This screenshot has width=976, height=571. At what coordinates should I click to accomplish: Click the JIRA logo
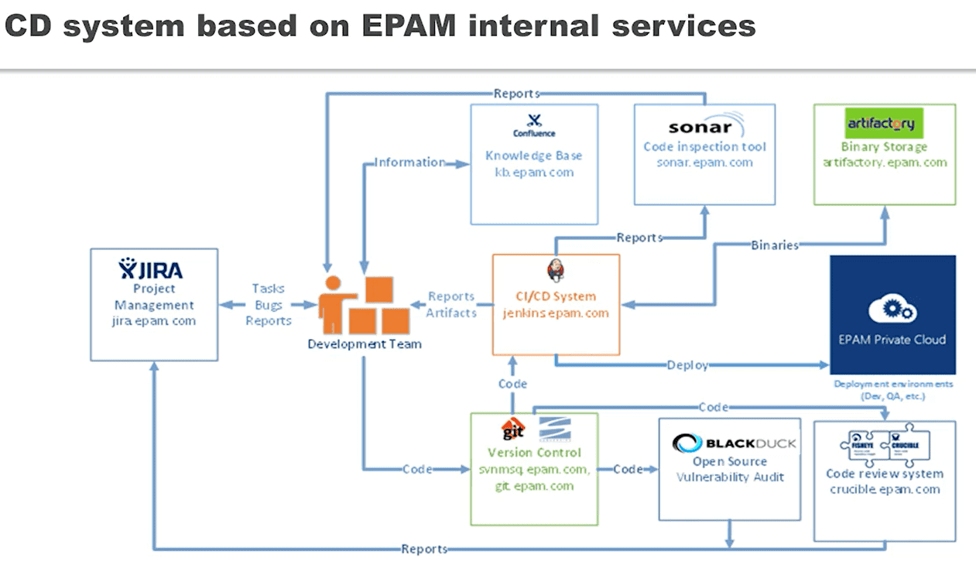(151, 269)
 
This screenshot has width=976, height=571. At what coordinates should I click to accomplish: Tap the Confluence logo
(534, 125)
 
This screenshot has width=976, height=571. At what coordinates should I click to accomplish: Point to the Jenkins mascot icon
(556, 271)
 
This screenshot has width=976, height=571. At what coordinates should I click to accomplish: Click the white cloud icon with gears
(892, 308)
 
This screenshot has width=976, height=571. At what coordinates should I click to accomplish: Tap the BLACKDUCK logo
(733, 443)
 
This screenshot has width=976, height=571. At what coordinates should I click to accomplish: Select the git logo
(514, 429)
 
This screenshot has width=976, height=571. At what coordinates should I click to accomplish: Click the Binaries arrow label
(775, 245)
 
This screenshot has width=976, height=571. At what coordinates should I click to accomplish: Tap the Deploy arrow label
(687, 365)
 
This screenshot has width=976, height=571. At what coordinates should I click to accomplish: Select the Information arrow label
(409, 162)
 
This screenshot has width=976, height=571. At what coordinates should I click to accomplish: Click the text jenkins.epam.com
(556, 313)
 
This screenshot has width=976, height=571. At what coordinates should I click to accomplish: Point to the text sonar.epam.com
(704, 162)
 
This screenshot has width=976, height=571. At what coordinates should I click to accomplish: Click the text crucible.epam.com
(885, 489)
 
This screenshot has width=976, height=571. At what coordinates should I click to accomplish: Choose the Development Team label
(365, 344)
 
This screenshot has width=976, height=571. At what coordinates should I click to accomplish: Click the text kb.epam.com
(534, 172)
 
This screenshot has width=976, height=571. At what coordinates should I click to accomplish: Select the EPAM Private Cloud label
(892, 339)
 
